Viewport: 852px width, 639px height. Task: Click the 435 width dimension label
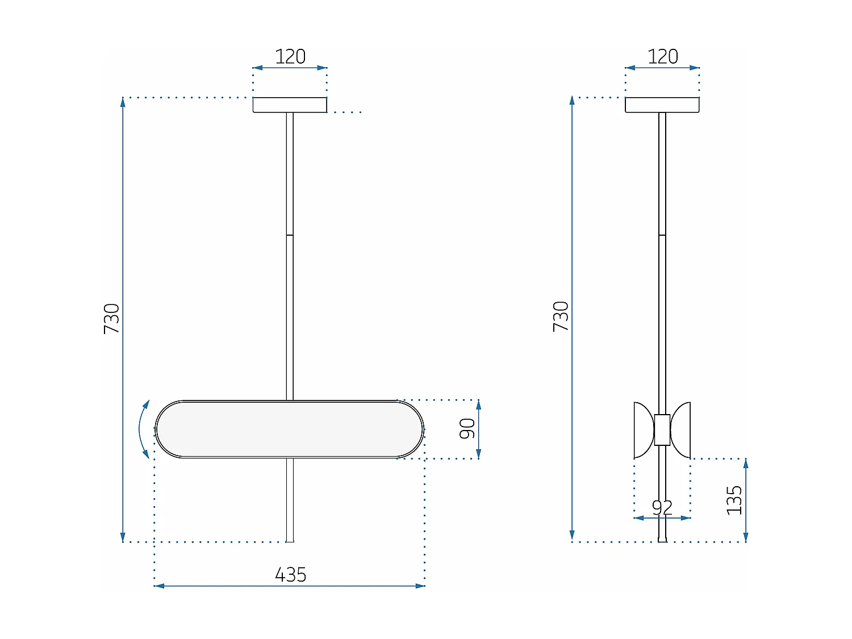[x=290, y=574]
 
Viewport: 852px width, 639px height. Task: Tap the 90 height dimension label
[x=467, y=429]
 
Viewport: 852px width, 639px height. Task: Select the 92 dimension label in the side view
[x=662, y=507]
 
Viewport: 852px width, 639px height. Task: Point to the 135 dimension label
[x=734, y=500]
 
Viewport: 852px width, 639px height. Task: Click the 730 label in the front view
[x=112, y=319]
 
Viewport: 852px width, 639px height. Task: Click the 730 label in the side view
[x=561, y=316]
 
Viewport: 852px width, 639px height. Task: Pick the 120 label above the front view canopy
[x=290, y=56]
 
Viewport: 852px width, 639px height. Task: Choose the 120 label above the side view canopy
[x=662, y=56]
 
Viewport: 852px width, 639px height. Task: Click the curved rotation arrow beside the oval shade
[x=142, y=429]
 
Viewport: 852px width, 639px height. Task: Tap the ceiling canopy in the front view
[x=290, y=105]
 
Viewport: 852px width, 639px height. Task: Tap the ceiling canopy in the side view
[x=662, y=105]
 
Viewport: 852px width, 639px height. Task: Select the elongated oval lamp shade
[x=290, y=429]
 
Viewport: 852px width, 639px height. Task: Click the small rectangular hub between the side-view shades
[x=662, y=430]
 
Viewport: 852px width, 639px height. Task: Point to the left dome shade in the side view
[x=644, y=430]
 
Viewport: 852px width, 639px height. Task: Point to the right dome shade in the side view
[x=681, y=430]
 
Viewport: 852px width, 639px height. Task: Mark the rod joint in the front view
[x=290, y=235]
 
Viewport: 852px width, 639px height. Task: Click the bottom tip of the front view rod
[x=290, y=540]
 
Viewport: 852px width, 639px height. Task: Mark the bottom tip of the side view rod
[x=662, y=540]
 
